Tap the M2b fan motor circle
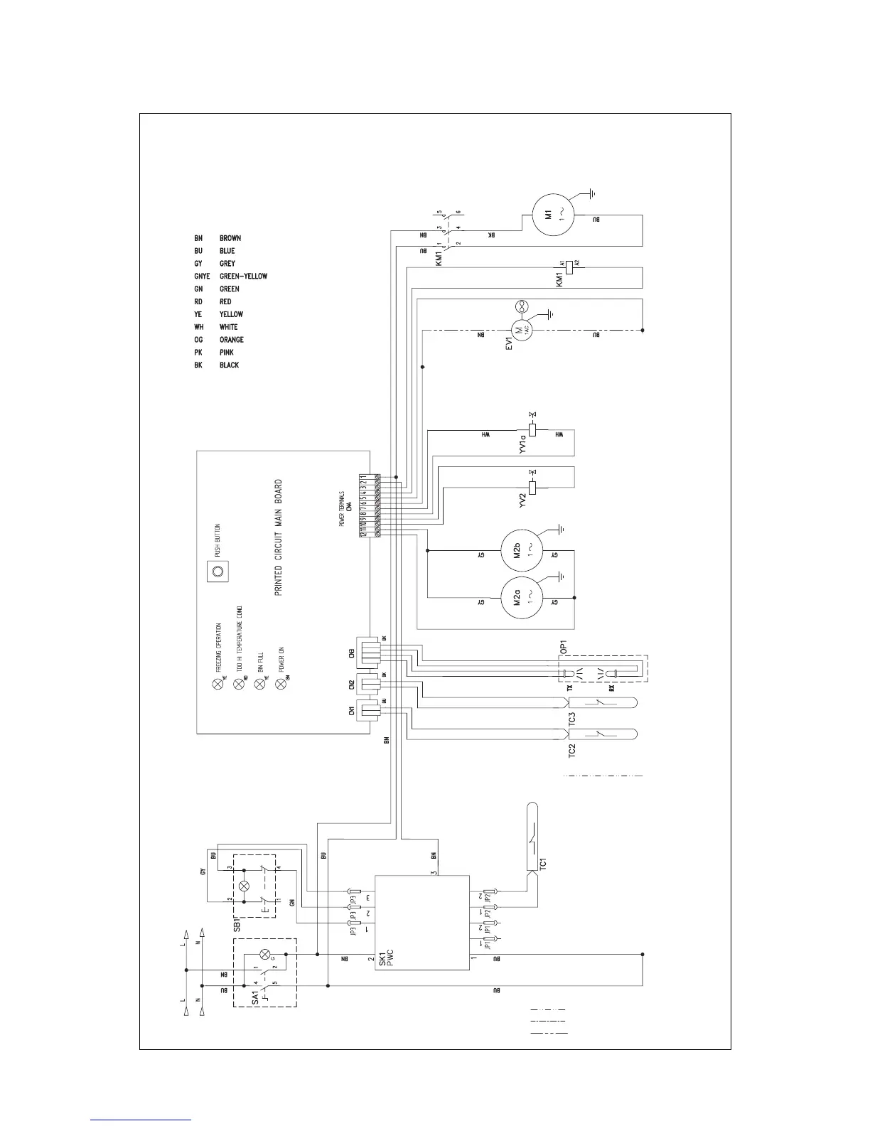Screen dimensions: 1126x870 [521, 547]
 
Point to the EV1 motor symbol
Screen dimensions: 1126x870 [521, 330]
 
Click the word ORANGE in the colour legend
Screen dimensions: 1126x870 [231, 340]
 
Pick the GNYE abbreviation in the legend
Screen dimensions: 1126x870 [202, 277]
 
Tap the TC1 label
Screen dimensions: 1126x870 [543, 864]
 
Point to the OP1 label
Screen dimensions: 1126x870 [562, 645]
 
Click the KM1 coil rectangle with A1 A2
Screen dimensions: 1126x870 [567, 267]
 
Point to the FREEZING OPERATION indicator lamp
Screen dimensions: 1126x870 [217, 684]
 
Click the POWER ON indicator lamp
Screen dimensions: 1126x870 [280, 684]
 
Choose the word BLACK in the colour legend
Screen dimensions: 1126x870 [229, 365]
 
